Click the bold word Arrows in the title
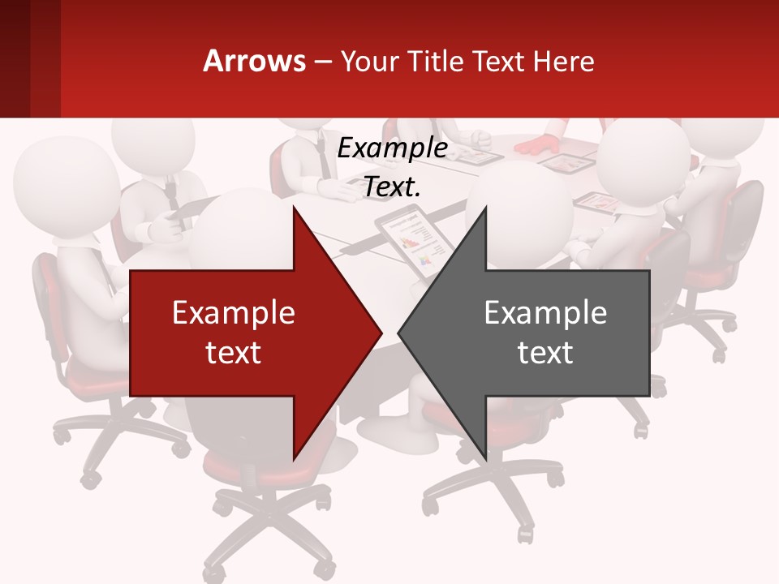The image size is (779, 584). point(254,61)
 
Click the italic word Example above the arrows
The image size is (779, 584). point(392,148)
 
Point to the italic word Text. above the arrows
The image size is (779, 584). point(392,187)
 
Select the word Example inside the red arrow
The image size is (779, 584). point(234,313)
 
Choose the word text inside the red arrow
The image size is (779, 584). point(234,352)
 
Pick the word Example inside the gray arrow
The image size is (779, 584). point(545,313)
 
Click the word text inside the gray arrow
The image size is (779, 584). point(545,352)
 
